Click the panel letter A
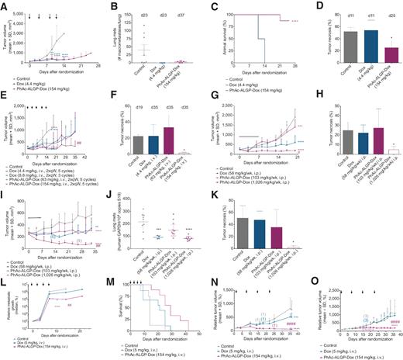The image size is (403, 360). pos(4,5)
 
